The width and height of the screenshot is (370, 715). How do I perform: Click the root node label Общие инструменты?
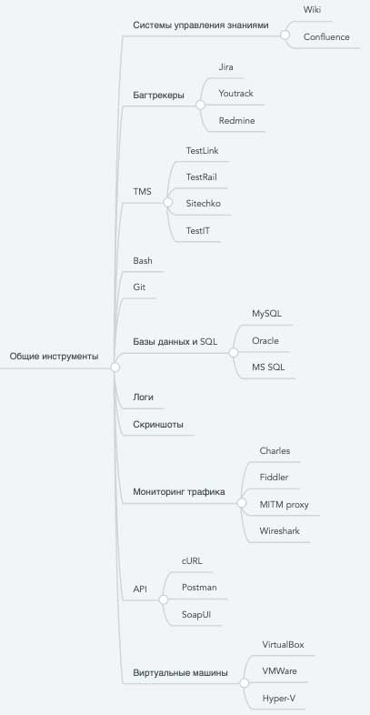pyautogui.click(x=54, y=357)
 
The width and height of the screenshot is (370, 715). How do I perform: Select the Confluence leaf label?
pyautogui.click(x=326, y=37)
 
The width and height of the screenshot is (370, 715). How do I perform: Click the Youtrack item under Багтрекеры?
pyautogui.click(x=235, y=94)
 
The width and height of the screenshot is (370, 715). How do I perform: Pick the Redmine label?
pyautogui.click(x=236, y=121)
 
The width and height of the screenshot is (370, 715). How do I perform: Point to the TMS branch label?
pyautogui.click(x=142, y=192)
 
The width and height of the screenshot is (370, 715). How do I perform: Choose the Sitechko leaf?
pyautogui.click(x=204, y=204)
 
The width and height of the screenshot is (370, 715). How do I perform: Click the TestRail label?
pyautogui.click(x=201, y=176)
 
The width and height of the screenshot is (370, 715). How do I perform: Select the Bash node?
pyautogui.click(x=143, y=261)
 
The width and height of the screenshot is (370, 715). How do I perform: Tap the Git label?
pyautogui.click(x=139, y=287)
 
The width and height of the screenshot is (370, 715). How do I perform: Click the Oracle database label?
pyautogui.click(x=265, y=340)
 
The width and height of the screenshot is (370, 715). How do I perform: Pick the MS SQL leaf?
pyautogui.click(x=268, y=368)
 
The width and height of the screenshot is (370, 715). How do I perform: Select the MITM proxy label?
pyautogui.click(x=284, y=504)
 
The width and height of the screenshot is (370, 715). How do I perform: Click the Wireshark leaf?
pyautogui.click(x=280, y=530)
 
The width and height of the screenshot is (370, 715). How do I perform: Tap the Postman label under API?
pyautogui.click(x=199, y=588)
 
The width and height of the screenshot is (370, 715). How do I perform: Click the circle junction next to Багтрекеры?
pyautogui.click(x=200, y=105)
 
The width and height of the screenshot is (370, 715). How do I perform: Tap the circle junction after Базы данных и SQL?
pyautogui.click(x=234, y=352)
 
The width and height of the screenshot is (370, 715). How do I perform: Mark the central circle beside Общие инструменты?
pyautogui.click(x=115, y=368)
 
